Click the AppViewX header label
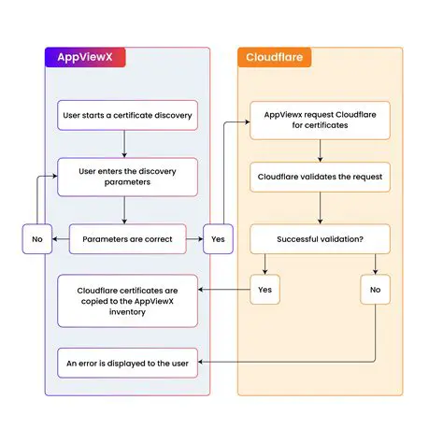point(85,57)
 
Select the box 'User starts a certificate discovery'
point(127,115)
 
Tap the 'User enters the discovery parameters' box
point(127,176)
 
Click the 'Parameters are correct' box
point(127,239)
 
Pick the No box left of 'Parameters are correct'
point(37,239)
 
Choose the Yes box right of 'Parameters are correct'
point(217,239)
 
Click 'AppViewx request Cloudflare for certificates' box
point(320,120)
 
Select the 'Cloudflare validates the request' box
point(320,176)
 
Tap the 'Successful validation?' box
point(320,239)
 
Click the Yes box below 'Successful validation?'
point(264,291)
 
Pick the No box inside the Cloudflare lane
point(375,291)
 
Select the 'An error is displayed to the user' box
point(127,363)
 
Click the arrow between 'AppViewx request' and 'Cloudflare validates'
point(320,150)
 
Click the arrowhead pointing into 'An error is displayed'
point(203,363)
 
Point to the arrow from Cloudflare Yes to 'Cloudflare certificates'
point(224,291)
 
